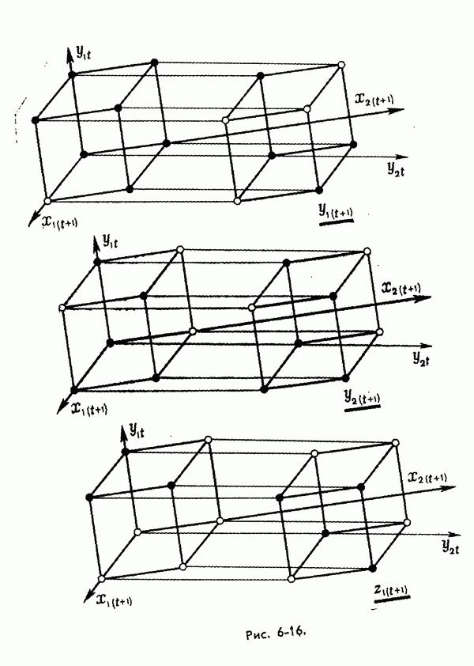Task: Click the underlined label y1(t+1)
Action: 336,211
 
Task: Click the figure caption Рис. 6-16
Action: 276,633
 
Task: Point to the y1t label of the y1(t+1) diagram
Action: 83,52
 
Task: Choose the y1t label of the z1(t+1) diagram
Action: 136,430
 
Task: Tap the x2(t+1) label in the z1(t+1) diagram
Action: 427,477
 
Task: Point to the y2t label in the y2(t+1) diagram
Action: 421,358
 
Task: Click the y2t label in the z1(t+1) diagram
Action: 450,546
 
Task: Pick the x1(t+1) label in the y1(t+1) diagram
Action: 59,221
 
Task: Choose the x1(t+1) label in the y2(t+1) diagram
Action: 89,409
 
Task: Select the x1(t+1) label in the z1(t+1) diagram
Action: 114,600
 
